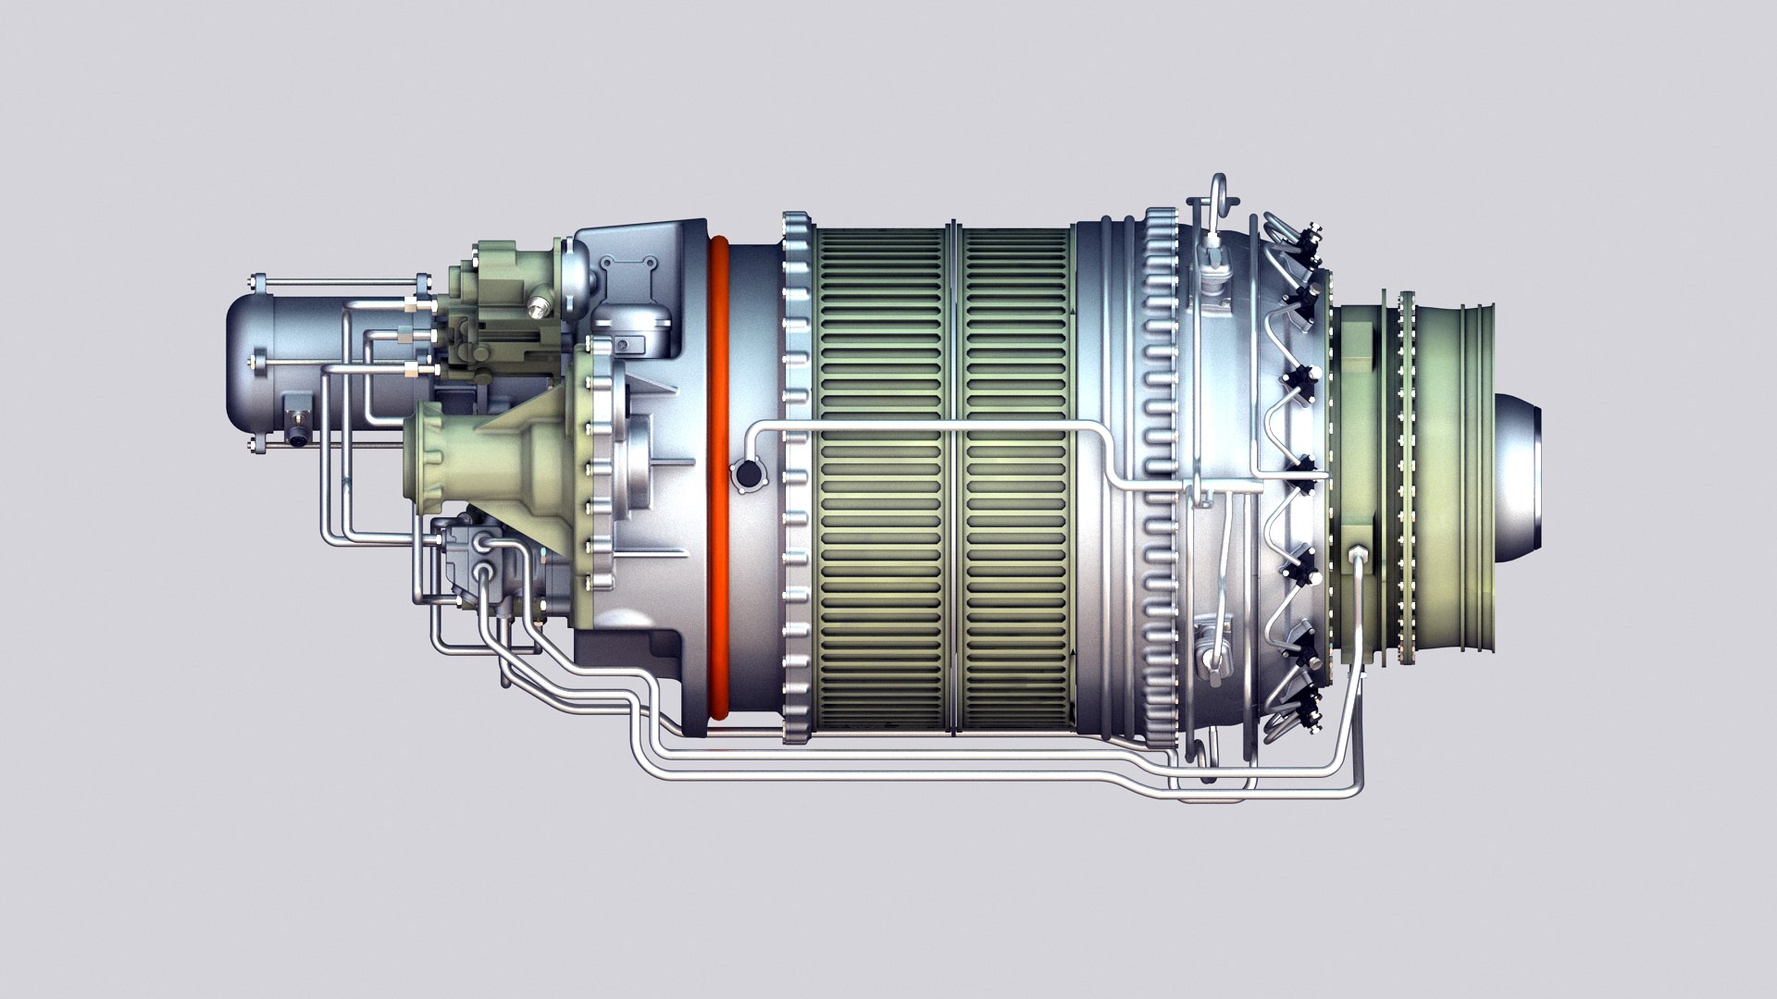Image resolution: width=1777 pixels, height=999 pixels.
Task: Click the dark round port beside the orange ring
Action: [746, 475]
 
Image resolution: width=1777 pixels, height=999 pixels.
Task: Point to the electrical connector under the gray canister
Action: [298, 431]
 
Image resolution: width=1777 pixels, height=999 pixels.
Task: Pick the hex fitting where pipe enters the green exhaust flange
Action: [1358, 556]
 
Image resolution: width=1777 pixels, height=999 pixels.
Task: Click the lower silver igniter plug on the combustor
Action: [1212, 657]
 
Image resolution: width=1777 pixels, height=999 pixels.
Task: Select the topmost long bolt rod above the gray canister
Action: [338, 281]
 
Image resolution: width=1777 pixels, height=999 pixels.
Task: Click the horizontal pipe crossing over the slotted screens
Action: [926, 426]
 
